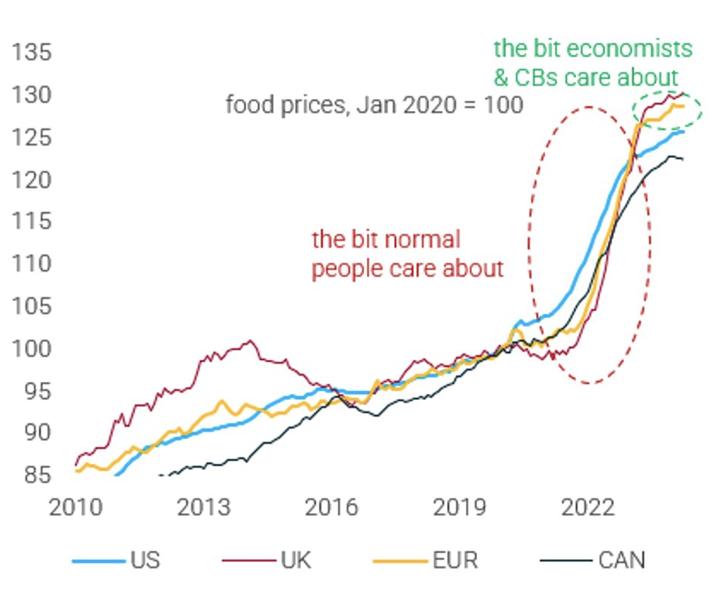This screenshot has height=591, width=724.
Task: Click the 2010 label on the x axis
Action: [x=75, y=507]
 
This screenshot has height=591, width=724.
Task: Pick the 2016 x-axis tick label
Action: [x=332, y=507]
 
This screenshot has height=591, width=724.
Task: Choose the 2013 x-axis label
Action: [x=203, y=507]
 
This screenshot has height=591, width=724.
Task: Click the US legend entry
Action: [x=145, y=560]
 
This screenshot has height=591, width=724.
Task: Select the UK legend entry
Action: [x=295, y=560]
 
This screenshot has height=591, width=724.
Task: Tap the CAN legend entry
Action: [x=622, y=560]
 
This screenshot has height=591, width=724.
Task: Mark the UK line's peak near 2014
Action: [x=250, y=341]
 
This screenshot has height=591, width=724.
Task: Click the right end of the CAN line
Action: [x=683, y=159]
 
